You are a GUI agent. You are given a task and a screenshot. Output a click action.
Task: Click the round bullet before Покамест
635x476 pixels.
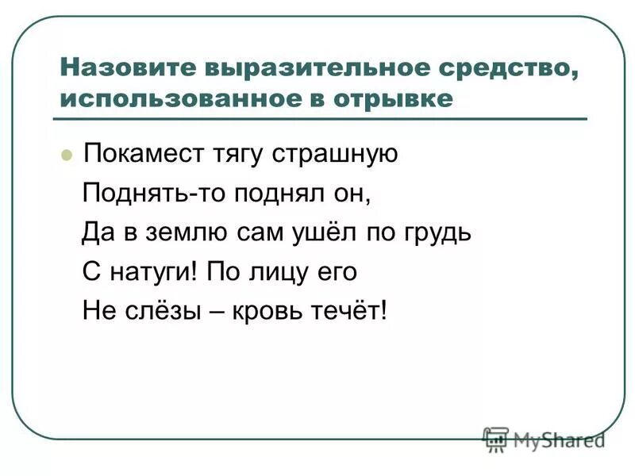point(67,153)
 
